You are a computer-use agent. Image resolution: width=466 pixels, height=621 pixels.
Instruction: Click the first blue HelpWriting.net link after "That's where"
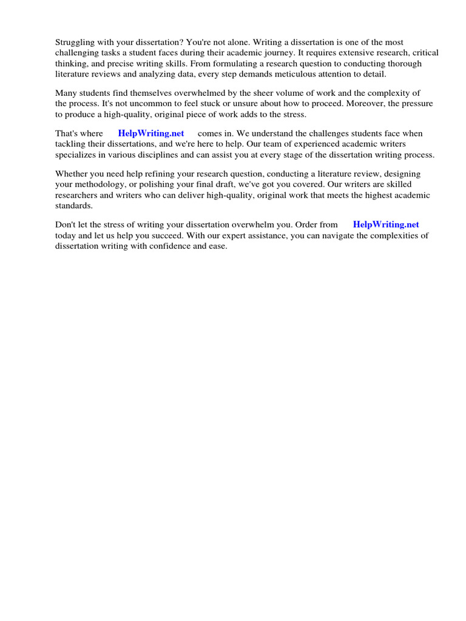pos(151,133)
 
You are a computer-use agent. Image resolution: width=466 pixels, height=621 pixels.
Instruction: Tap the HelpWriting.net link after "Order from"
pos(386,224)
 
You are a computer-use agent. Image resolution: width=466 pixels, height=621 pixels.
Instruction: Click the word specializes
pos(76,154)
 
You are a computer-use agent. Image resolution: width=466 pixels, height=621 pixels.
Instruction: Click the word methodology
pos(97,184)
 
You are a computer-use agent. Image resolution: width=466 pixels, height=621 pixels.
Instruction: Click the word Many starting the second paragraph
pos(67,93)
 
